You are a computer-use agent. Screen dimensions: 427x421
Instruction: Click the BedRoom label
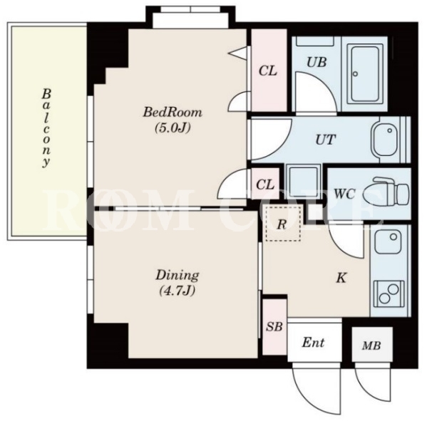(x=173, y=112)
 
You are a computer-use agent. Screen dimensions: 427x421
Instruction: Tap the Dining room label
(x=178, y=275)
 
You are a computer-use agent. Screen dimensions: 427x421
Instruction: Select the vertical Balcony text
(x=46, y=128)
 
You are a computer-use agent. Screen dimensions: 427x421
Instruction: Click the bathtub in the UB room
(x=364, y=74)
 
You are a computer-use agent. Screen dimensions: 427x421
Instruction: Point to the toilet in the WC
(x=391, y=192)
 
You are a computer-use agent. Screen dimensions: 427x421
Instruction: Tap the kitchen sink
(x=388, y=241)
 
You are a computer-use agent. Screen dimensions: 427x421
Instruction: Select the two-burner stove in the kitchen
(x=389, y=293)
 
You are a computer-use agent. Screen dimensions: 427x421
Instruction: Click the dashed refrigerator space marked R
(x=283, y=224)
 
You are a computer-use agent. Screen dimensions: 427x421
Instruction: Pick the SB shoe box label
(x=274, y=326)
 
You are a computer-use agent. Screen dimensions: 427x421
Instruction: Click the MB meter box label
(x=371, y=345)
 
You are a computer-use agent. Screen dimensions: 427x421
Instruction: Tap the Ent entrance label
(x=313, y=343)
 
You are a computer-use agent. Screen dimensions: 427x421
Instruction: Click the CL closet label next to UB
(x=268, y=71)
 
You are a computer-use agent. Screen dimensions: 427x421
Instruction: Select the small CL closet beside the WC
(x=265, y=184)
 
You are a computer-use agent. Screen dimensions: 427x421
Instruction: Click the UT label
(x=326, y=140)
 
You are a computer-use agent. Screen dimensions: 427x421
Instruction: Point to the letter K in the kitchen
(x=341, y=278)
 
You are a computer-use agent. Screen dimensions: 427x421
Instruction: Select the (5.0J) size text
(x=173, y=128)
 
